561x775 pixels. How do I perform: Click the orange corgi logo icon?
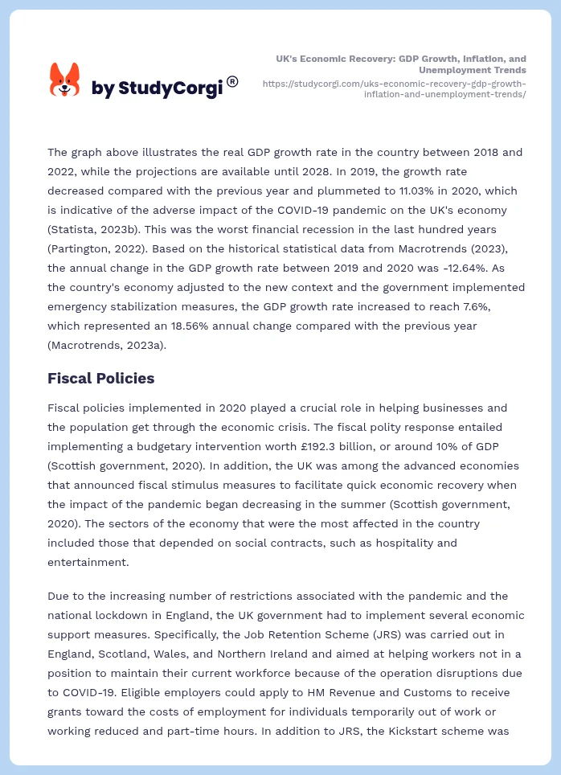pyautogui.click(x=65, y=80)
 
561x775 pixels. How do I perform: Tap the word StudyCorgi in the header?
pyautogui.click(x=170, y=88)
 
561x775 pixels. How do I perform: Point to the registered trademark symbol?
pyautogui.click(x=232, y=81)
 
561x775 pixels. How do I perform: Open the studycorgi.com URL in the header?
pyautogui.click(x=395, y=88)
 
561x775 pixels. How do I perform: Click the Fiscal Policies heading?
pyautogui.click(x=100, y=378)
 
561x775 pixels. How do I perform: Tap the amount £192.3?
pyautogui.click(x=320, y=446)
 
